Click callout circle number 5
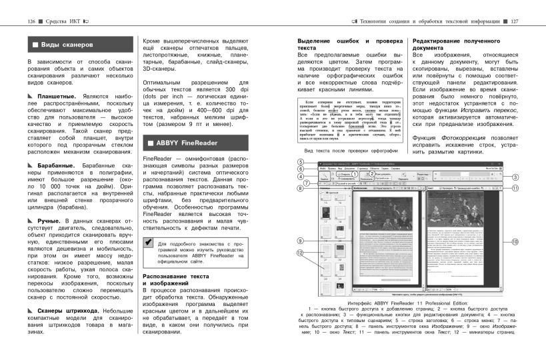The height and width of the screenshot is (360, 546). pos(301,162)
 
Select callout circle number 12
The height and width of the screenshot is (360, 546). pos(301,253)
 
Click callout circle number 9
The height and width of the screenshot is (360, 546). pos(301,241)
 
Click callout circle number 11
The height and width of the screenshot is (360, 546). pos(516,189)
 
